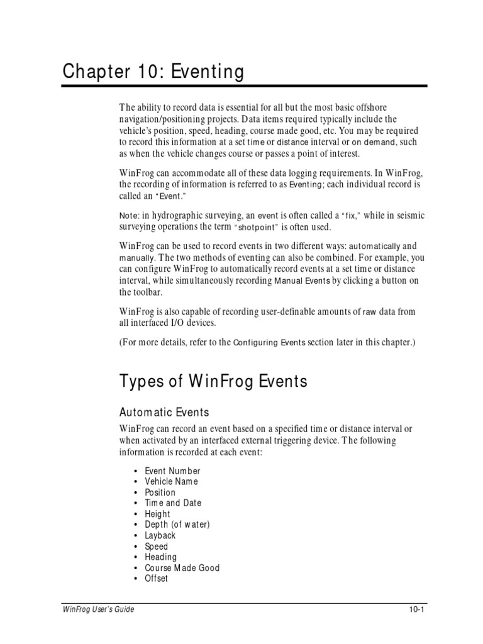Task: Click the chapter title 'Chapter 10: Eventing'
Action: [153, 72]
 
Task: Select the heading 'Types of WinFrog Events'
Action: [213, 381]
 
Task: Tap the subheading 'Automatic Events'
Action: [164, 412]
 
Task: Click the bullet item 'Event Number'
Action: [172, 471]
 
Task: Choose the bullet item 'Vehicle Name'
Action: [171, 482]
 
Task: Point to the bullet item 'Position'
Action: [160, 492]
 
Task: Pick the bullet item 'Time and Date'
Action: [173, 503]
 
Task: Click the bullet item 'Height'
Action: [157, 514]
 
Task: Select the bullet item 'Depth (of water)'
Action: [177, 525]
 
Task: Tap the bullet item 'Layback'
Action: [160, 535]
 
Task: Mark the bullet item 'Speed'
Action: [157, 547]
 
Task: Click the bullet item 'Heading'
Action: [161, 557]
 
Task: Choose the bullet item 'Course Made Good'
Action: [182, 568]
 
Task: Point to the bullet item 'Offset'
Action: [157, 579]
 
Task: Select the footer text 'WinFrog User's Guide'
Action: [97, 609]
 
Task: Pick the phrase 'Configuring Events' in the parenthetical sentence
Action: [269, 343]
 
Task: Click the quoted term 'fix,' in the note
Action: [348, 216]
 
